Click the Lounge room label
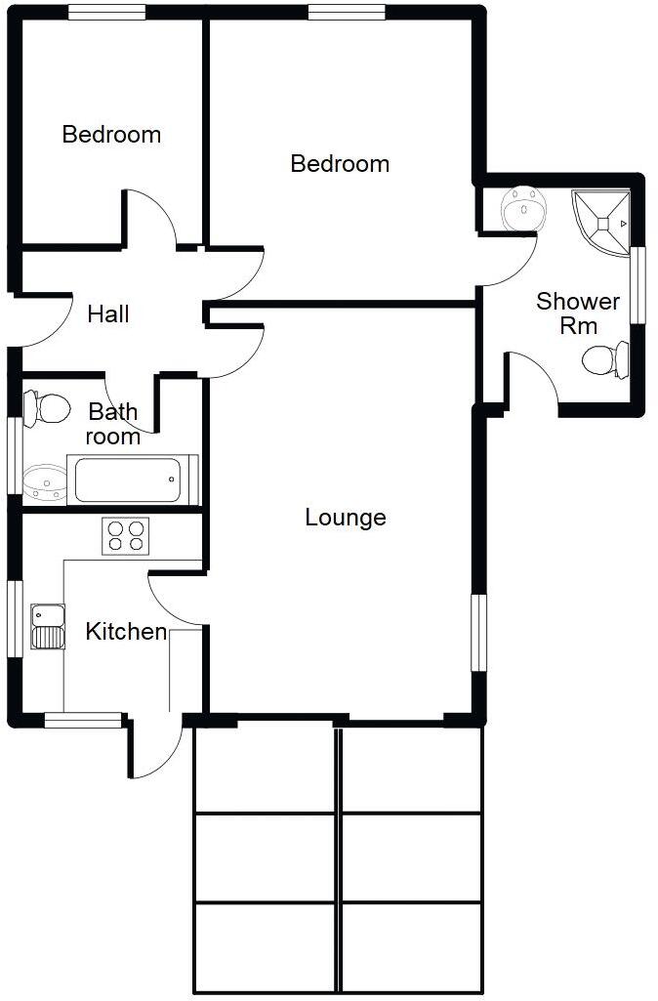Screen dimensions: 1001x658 click(x=346, y=518)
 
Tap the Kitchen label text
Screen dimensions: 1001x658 click(x=126, y=632)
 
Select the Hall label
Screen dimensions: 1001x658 click(x=108, y=314)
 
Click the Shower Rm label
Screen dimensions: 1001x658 click(x=578, y=313)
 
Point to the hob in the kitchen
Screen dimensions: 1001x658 click(x=125, y=535)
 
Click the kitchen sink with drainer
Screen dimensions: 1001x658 click(x=47, y=626)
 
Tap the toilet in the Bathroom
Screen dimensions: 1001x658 click(x=45, y=407)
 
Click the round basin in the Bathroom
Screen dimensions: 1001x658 click(x=43, y=481)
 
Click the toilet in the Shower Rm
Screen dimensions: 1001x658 click(x=605, y=359)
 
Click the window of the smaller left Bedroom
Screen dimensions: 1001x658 click(x=107, y=13)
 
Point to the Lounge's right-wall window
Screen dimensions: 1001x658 click(x=478, y=632)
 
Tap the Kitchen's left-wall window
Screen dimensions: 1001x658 click(x=15, y=618)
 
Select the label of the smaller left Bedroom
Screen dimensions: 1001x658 click(x=111, y=135)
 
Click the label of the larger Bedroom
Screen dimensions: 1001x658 click(x=340, y=164)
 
